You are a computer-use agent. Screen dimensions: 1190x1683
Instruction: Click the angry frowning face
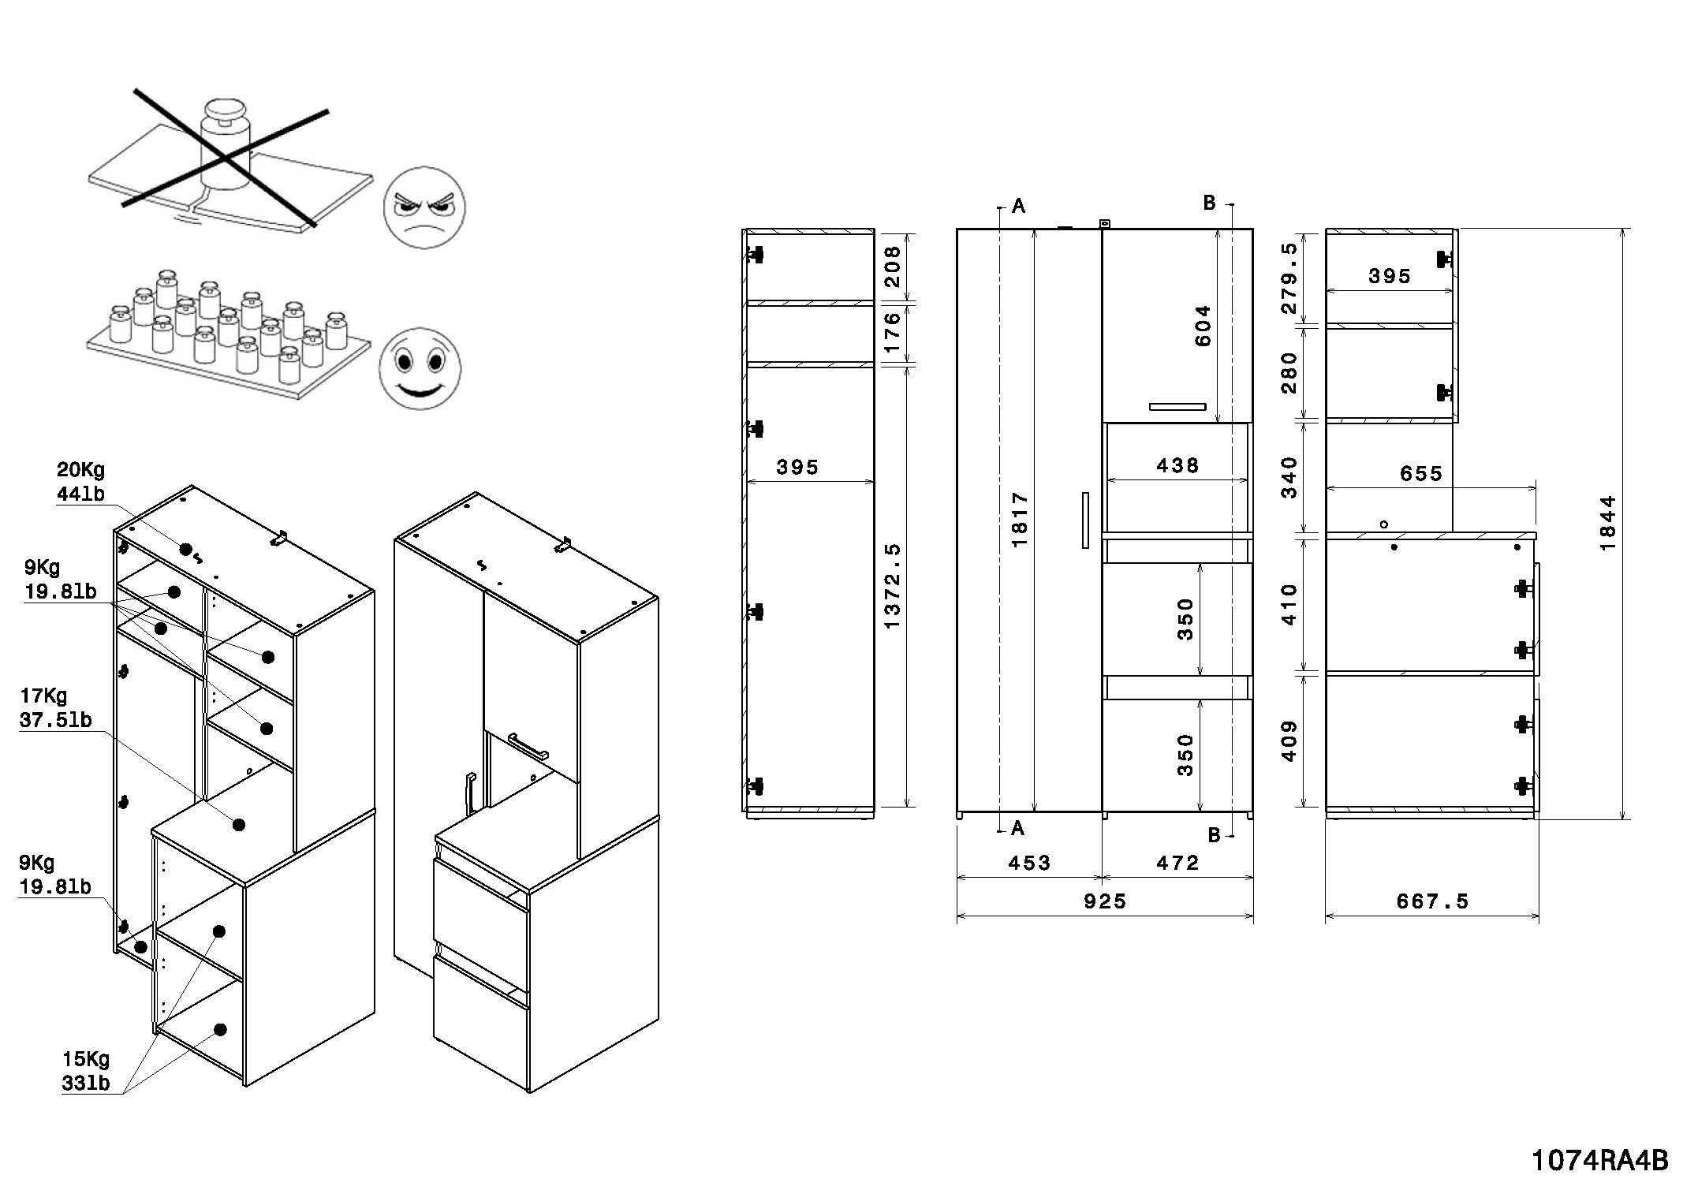[424, 208]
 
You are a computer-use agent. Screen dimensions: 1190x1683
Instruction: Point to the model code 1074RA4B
[1599, 1160]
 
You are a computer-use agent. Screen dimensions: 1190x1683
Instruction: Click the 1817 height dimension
[1019, 520]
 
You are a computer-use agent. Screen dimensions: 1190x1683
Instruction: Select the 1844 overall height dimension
[1607, 523]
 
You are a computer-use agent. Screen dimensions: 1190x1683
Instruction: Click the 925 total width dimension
[1104, 901]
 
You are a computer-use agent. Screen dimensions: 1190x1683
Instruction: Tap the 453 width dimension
[1029, 863]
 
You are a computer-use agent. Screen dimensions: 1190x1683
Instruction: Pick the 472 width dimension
[1177, 863]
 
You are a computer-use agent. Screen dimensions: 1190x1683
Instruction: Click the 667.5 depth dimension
[1432, 901]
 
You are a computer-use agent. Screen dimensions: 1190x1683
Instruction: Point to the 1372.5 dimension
[892, 586]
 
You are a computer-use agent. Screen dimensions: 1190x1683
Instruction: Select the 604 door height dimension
[1203, 326]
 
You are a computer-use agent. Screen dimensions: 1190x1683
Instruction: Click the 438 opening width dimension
[1177, 465]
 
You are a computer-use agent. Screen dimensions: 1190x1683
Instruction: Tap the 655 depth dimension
[1420, 473]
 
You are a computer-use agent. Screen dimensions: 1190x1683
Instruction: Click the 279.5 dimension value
[1289, 278]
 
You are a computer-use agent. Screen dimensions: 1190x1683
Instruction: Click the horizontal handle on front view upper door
[1177, 407]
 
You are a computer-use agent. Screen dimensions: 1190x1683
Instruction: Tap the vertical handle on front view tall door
[1085, 520]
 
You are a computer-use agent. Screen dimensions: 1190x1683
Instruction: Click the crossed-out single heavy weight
[225, 146]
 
